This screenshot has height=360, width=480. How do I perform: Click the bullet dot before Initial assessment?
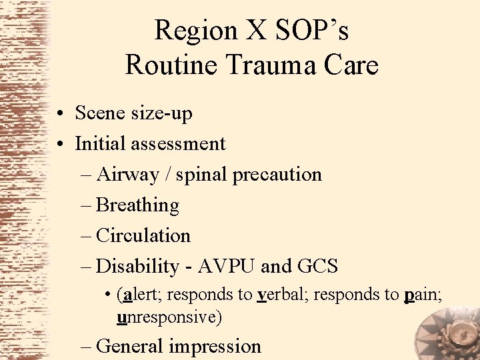tap(60, 143)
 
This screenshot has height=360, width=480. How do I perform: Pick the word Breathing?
tap(137, 205)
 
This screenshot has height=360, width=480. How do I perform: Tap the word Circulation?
tap(143, 235)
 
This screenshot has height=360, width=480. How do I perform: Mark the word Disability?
tap(138, 267)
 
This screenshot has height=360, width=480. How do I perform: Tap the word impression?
tap(215, 347)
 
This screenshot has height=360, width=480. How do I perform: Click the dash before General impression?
tap(85, 347)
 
